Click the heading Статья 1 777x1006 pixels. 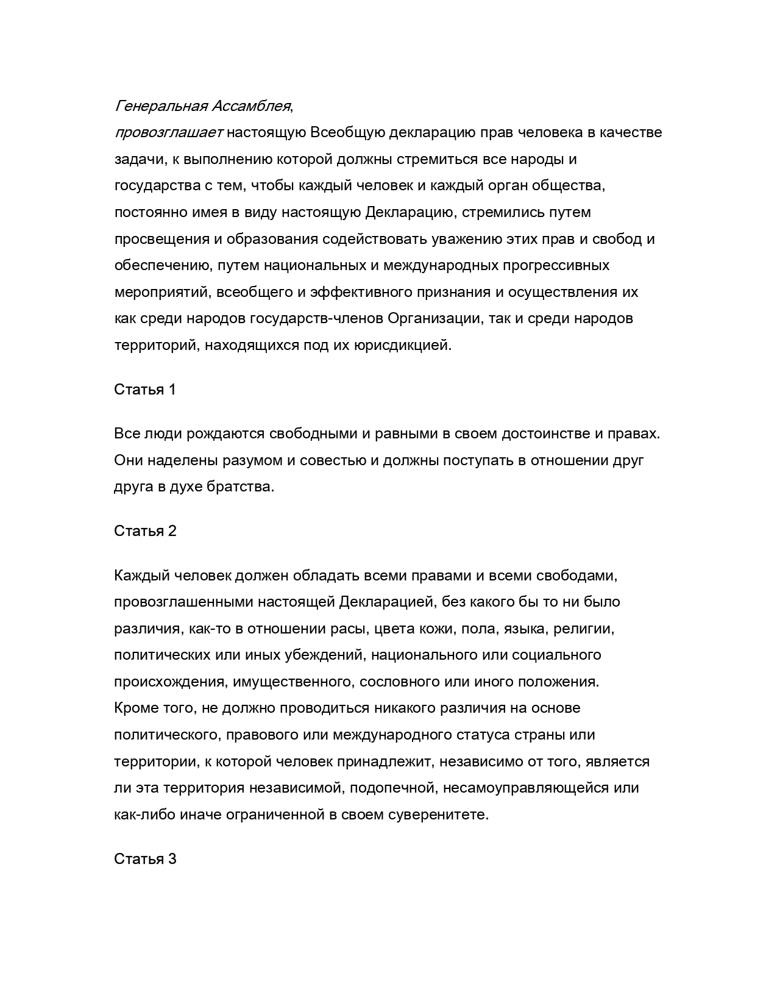(145, 390)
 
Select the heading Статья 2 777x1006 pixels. (145, 531)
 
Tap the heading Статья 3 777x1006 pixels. (145, 859)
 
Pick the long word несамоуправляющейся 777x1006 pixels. (517, 788)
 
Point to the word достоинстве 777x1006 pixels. (544, 433)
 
